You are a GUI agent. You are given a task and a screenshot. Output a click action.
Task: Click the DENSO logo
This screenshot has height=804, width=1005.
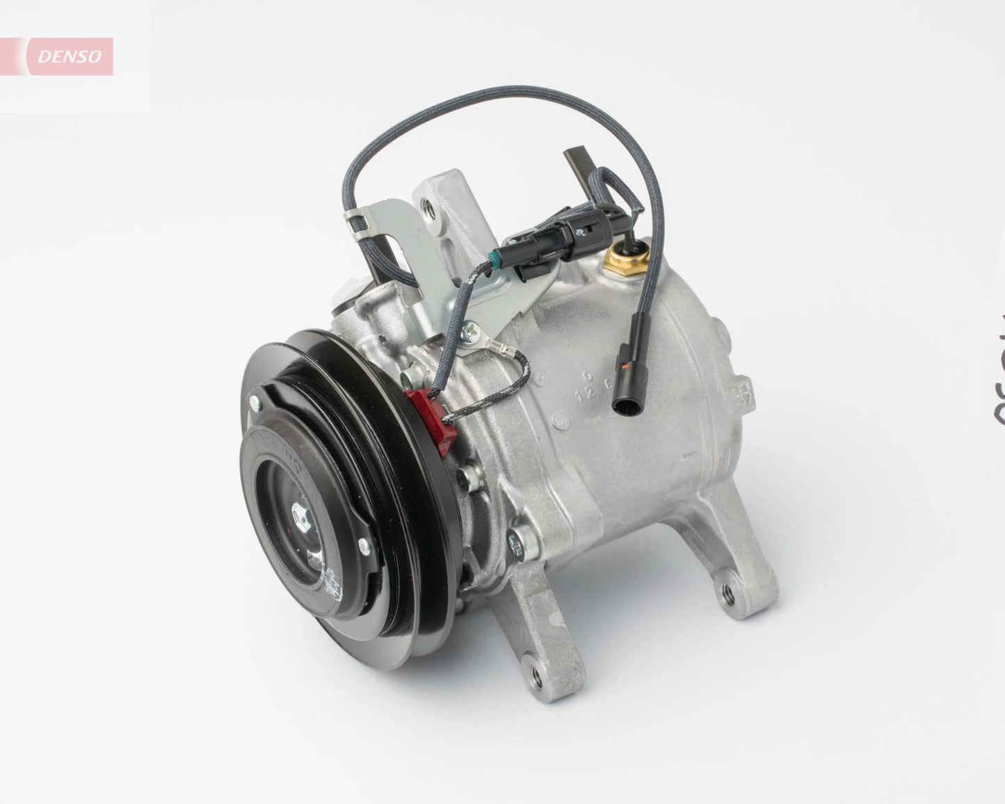click(69, 56)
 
